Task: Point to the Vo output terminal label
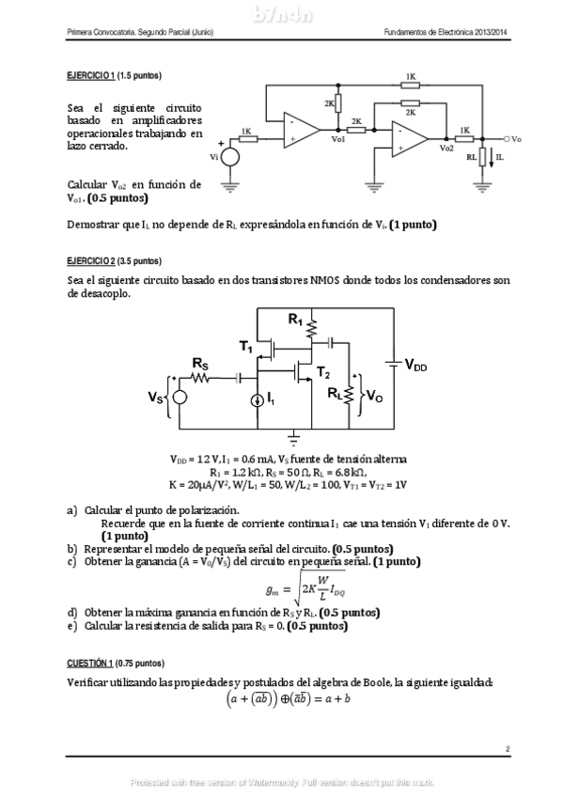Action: [516, 139]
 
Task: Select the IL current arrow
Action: [490, 160]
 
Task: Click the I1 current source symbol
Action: [258, 400]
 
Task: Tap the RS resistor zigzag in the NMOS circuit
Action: [200, 379]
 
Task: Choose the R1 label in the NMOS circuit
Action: [295, 321]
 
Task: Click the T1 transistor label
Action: [246, 348]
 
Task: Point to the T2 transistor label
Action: [323, 373]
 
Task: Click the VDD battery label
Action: [415, 367]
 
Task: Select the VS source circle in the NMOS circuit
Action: [180, 398]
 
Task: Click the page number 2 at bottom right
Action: [507, 748]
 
